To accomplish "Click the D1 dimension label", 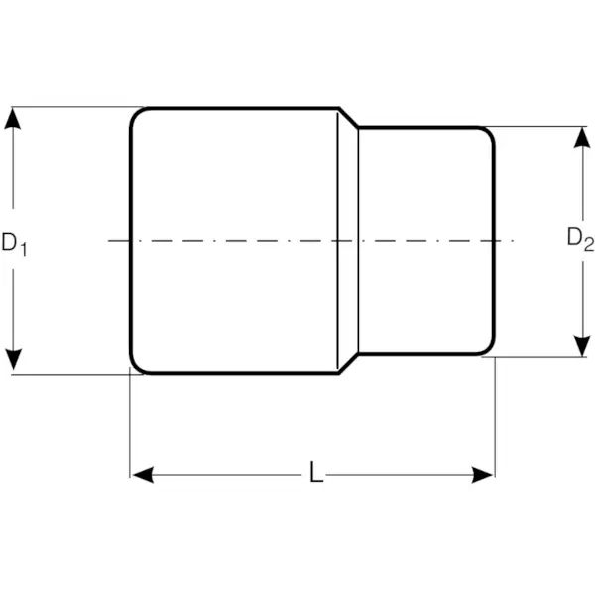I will click(x=13, y=242).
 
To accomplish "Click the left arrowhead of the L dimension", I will click(x=142, y=475).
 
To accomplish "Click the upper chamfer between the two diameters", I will click(x=349, y=118).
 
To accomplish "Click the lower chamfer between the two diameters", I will click(x=349, y=364).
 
